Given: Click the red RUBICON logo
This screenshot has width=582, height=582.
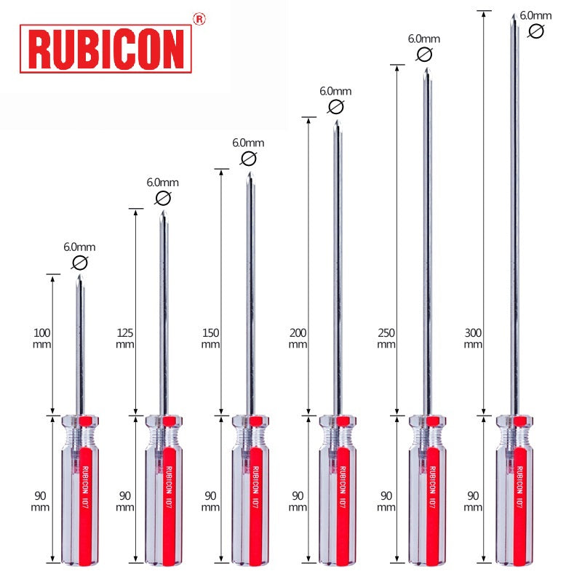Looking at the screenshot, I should point(105,48).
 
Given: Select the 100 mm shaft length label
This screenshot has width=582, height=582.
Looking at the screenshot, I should point(42,338).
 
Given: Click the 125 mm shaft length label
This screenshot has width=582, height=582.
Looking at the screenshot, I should point(126,338).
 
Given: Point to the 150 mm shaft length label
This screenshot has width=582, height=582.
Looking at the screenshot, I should point(211,338).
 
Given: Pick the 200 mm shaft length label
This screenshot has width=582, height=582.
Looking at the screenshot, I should point(298,338).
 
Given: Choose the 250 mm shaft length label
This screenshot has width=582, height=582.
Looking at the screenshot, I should point(387,338).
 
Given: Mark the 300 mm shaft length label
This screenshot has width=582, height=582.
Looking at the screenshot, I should point(474,338).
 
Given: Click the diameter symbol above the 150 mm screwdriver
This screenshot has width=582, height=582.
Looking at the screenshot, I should point(248,159).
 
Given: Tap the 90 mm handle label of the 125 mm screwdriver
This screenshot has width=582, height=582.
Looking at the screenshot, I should point(125,501).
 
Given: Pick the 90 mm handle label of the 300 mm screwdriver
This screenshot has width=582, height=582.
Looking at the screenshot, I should point(474,501).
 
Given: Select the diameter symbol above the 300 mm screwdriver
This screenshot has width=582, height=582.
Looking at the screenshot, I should point(536,31).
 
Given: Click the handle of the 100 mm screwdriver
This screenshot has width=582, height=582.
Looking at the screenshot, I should point(81,491).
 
